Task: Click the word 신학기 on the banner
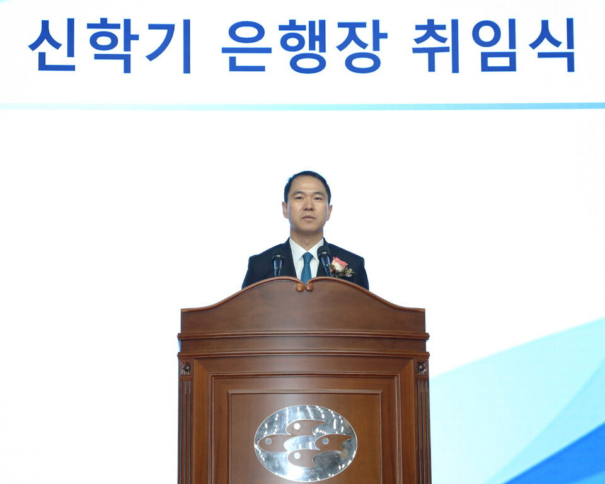click(110, 45)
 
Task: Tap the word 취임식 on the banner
click(493, 45)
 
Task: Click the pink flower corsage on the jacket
click(339, 266)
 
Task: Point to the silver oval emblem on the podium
click(305, 442)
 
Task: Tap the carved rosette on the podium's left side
click(185, 369)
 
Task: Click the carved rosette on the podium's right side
click(421, 367)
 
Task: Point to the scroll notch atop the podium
click(305, 285)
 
